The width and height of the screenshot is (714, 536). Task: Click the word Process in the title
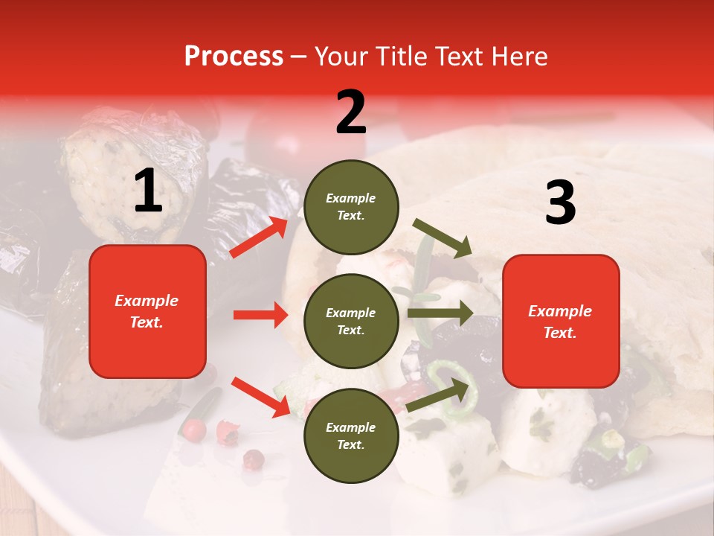[x=234, y=56]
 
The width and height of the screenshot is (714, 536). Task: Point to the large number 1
[x=148, y=191]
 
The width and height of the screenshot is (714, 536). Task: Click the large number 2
[x=351, y=112]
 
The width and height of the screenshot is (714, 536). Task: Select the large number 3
[x=560, y=203]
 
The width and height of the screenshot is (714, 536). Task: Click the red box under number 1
[x=147, y=311]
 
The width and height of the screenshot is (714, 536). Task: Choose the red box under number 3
[x=561, y=322]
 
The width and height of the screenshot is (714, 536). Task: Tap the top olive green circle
[x=351, y=207]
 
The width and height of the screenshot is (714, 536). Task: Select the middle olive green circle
[x=351, y=321]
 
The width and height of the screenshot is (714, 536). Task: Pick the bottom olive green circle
[x=351, y=435]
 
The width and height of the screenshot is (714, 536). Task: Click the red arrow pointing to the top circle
[x=259, y=237]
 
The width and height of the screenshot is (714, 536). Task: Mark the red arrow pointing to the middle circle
[x=260, y=315]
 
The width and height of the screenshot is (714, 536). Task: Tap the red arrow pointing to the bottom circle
[x=260, y=397]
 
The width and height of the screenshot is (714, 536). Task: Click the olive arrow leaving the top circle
[x=443, y=238]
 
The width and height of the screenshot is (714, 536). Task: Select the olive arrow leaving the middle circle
[x=440, y=313]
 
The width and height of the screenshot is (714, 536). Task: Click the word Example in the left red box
[x=147, y=301]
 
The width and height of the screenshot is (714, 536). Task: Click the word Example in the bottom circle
[x=351, y=427]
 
